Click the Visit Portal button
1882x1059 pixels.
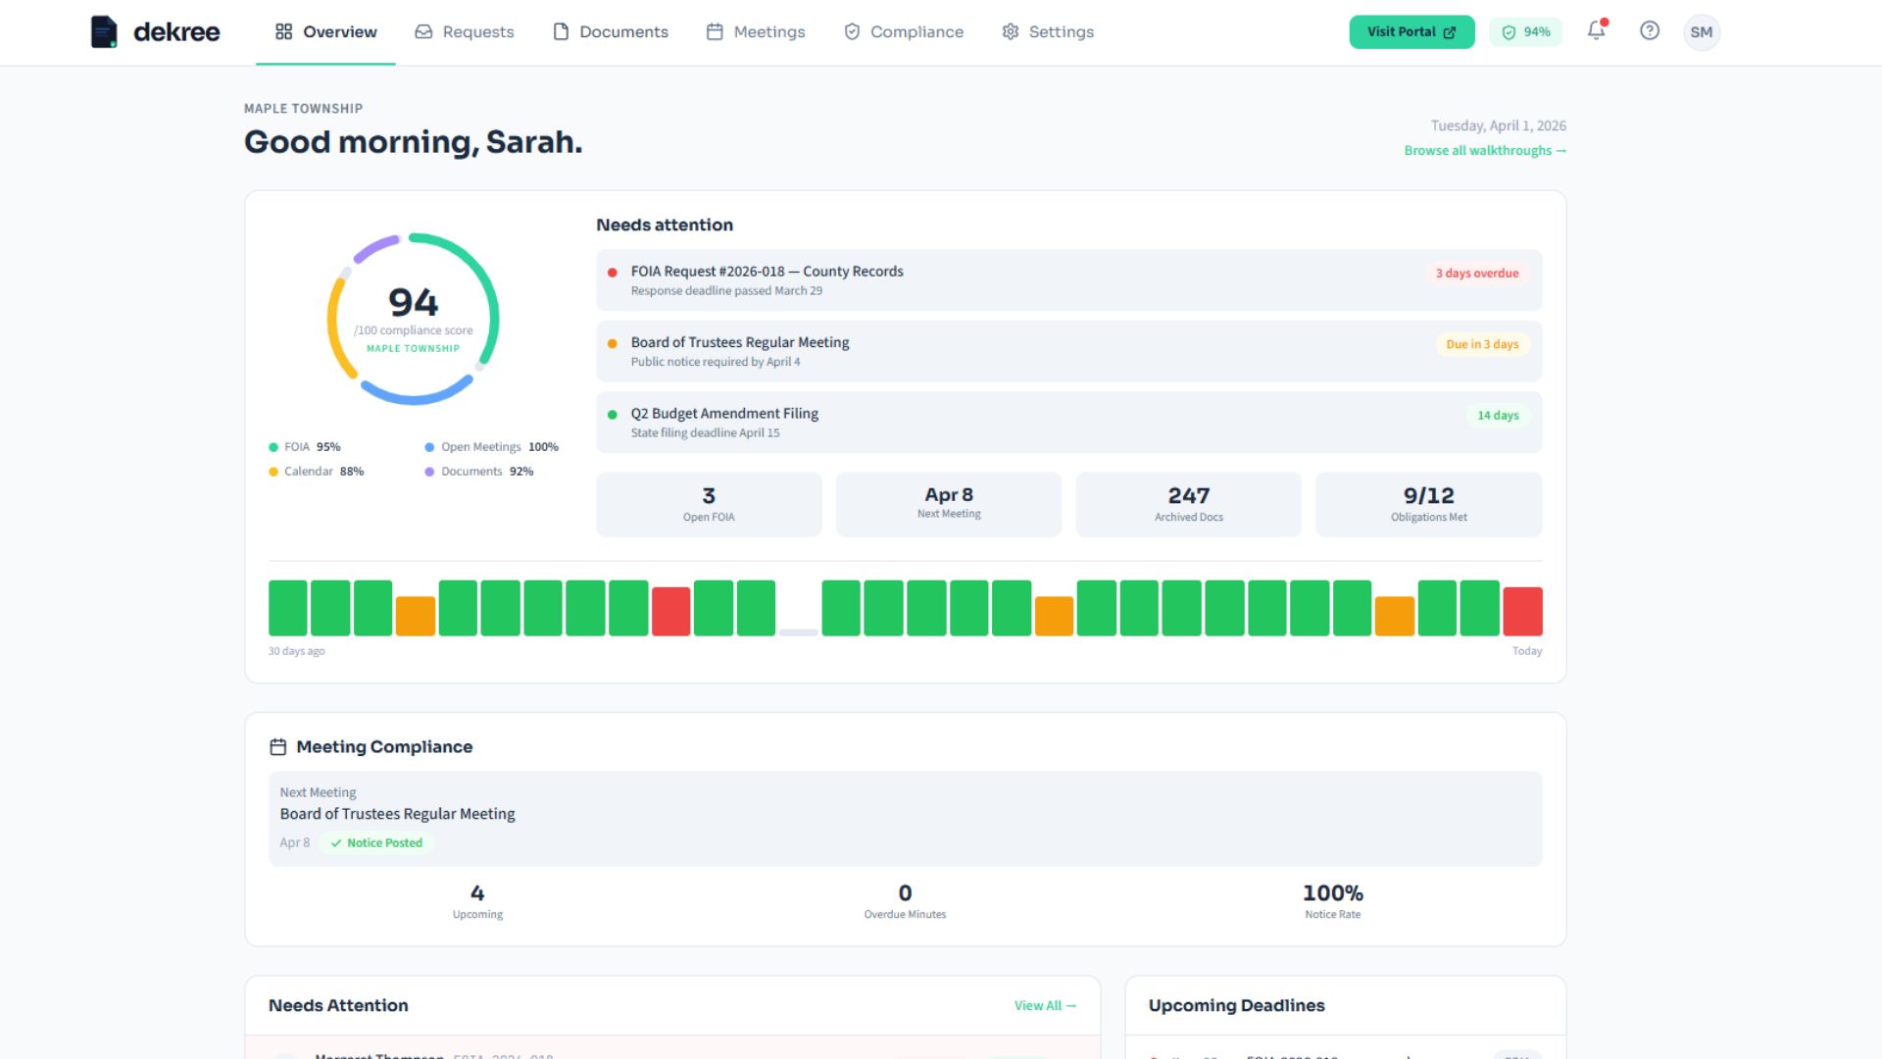(x=1411, y=32)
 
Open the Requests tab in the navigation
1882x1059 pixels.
(x=465, y=32)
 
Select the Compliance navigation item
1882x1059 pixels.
(x=904, y=32)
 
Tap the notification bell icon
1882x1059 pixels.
(x=1596, y=30)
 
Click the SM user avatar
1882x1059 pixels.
(x=1701, y=32)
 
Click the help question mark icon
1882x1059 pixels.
(x=1650, y=31)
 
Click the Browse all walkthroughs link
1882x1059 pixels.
(x=1484, y=151)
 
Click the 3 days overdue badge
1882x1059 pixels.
(x=1476, y=274)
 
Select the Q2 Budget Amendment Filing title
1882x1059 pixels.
(x=724, y=414)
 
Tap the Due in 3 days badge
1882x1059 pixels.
(x=1481, y=344)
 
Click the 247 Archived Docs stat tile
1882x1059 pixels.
(x=1188, y=504)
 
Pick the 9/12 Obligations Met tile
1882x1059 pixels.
(x=1428, y=504)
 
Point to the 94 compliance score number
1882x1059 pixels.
(x=413, y=302)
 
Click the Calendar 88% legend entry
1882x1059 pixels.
(x=317, y=472)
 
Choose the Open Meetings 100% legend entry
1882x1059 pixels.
(x=492, y=447)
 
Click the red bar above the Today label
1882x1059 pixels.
(x=1521, y=611)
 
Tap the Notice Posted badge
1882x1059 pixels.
(x=376, y=843)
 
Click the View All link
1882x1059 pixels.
(x=1045, y=1006)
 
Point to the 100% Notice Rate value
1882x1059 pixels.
(x=1332, y=893)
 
